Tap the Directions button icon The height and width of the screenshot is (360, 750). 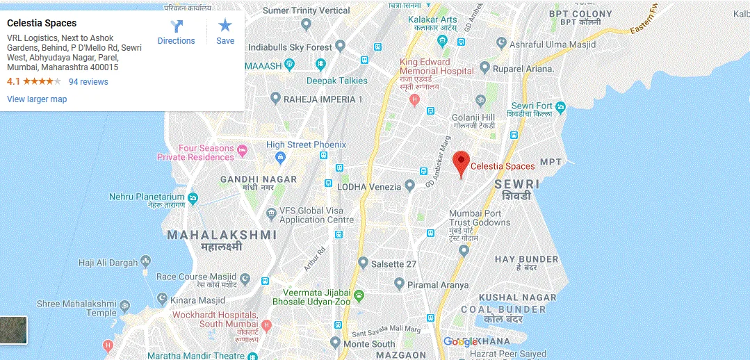[x=177, y=26]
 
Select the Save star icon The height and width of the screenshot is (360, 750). [x=225, y=26]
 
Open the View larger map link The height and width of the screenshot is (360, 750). [x=37, y=99]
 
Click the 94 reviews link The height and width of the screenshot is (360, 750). [x=88, y=82]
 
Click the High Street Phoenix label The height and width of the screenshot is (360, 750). [x=306, y=145]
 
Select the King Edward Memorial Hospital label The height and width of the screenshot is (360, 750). [x=437, y=67]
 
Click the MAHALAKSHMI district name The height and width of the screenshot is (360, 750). [x=222, y=235]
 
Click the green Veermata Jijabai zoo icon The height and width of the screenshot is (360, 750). [x=359, y=296]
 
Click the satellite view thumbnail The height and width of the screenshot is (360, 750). [x=13, y=330]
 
